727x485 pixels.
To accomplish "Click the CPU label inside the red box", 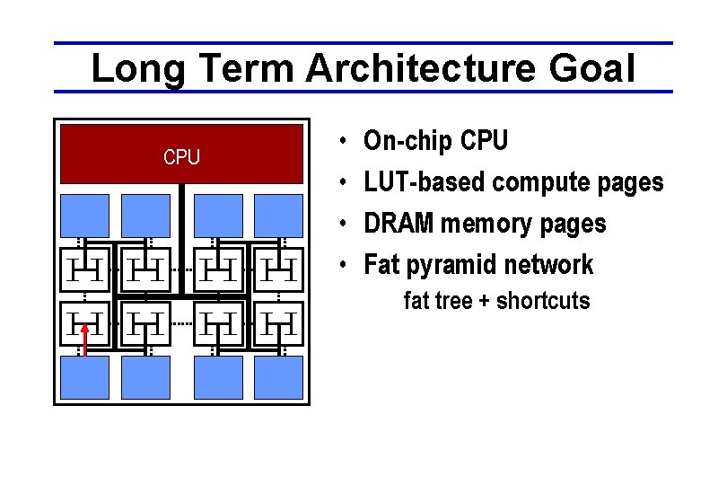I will (x=181, y=158).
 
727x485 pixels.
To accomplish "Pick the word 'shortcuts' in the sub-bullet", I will (x=543, y=301).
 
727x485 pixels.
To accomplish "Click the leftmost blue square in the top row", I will (x=85, y=215).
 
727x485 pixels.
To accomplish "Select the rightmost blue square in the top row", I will (x=278, y=215).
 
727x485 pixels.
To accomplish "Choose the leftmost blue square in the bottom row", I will (x=85, y=377).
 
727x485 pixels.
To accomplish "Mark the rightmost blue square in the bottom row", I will (x=278, y=377).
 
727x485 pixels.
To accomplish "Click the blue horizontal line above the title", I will (x=363, y=43).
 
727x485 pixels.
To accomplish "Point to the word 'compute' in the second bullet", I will (x=542, y=182).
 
